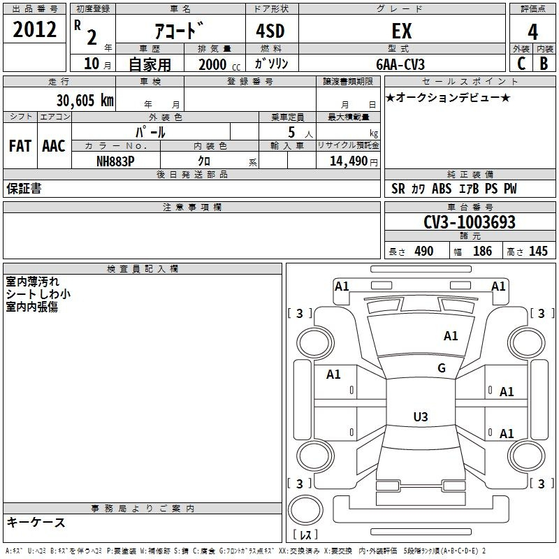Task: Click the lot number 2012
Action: tap(35, 31)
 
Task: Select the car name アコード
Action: tap(179, 31)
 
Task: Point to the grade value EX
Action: tap(402, 31)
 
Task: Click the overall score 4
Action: tap(533, 31)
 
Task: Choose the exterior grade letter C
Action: tap(521, 63)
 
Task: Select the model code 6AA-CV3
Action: tap(400, 64)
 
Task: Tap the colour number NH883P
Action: tap(115, 161)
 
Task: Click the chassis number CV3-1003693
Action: tap(470, 222)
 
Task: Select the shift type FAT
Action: tap(20, 146)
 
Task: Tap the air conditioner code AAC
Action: tap(54, 146)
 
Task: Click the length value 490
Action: tap(424, 252)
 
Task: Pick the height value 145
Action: tap(538, 252)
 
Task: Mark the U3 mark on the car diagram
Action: tap(420, 417)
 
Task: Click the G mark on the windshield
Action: tap(441, 368)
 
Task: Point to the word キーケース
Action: tap(36, 522)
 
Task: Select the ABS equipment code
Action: tap(442, 189)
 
